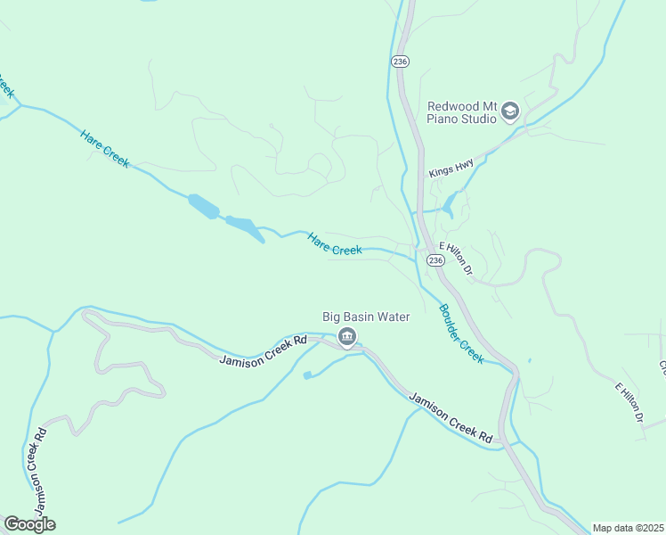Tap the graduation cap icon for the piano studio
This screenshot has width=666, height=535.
(x=510, y=111)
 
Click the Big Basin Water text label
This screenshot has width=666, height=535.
(x=366, y=317)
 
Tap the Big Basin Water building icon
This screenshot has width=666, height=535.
(x=347, y=336)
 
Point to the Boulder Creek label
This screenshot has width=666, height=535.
(x=461, y=333)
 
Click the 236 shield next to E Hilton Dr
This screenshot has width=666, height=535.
(x=435, y=259)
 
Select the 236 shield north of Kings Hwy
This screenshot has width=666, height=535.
(x=400, y=60)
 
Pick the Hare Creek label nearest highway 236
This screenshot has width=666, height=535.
(x=335, y=244)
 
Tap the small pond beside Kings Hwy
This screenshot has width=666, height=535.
(x=448, y=208)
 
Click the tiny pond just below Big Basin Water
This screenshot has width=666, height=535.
(x=307, y=375)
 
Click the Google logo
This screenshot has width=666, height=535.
(x=29, y=524)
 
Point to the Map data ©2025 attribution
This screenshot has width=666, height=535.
(x=628, y=528)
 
